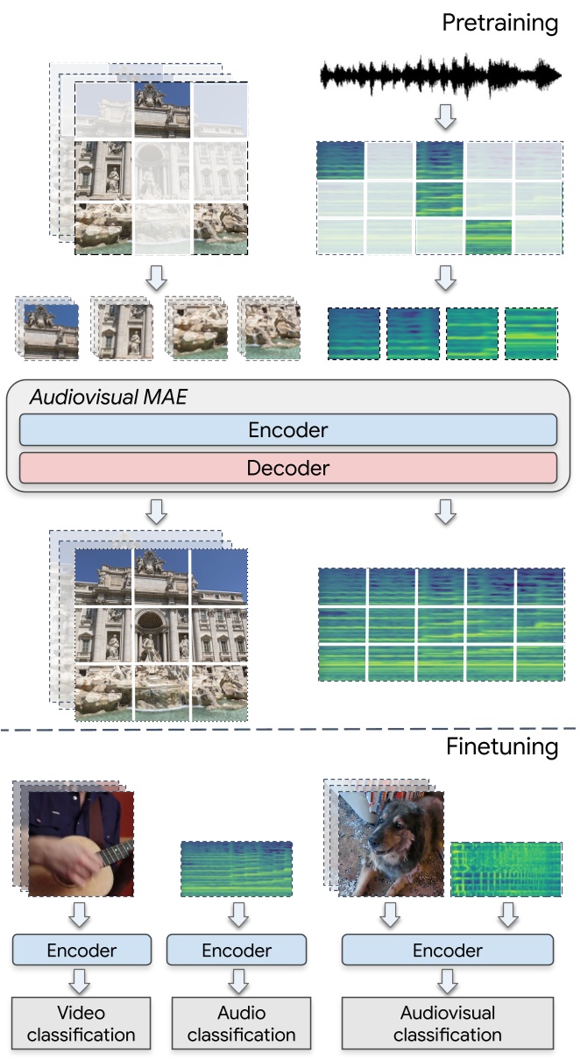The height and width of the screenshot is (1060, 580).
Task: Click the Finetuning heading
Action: [501, 747]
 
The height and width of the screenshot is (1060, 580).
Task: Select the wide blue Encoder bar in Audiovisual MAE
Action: [288, 430]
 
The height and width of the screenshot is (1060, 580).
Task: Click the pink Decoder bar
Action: [288, 468]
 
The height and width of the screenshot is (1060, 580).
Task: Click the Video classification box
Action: [81, 1023]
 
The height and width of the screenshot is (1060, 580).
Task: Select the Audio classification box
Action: [241, 1023]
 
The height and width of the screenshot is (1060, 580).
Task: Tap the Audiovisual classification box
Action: [447, 1023]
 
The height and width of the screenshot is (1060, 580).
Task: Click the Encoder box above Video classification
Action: [82, 950]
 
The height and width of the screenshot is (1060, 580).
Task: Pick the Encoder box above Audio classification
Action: [237, 950]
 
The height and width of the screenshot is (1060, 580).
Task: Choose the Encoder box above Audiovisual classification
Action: [447, 950]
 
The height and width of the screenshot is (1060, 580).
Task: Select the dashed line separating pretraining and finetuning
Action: [288, 728]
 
